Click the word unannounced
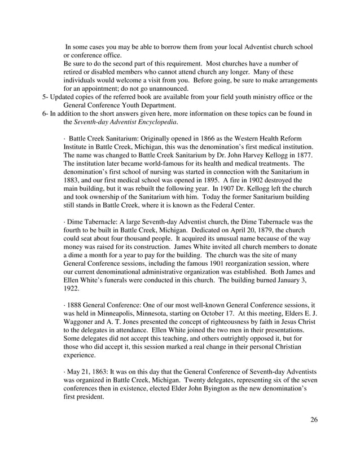(167, 89)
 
